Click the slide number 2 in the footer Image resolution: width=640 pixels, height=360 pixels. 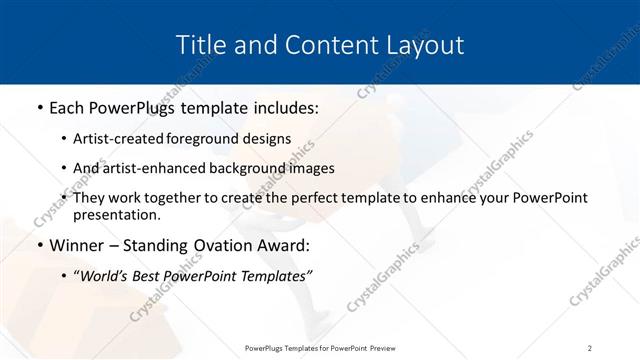pos(589,348)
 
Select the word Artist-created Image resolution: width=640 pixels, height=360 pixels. pos(124,140)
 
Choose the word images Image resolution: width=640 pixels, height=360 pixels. pos(309,168)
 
